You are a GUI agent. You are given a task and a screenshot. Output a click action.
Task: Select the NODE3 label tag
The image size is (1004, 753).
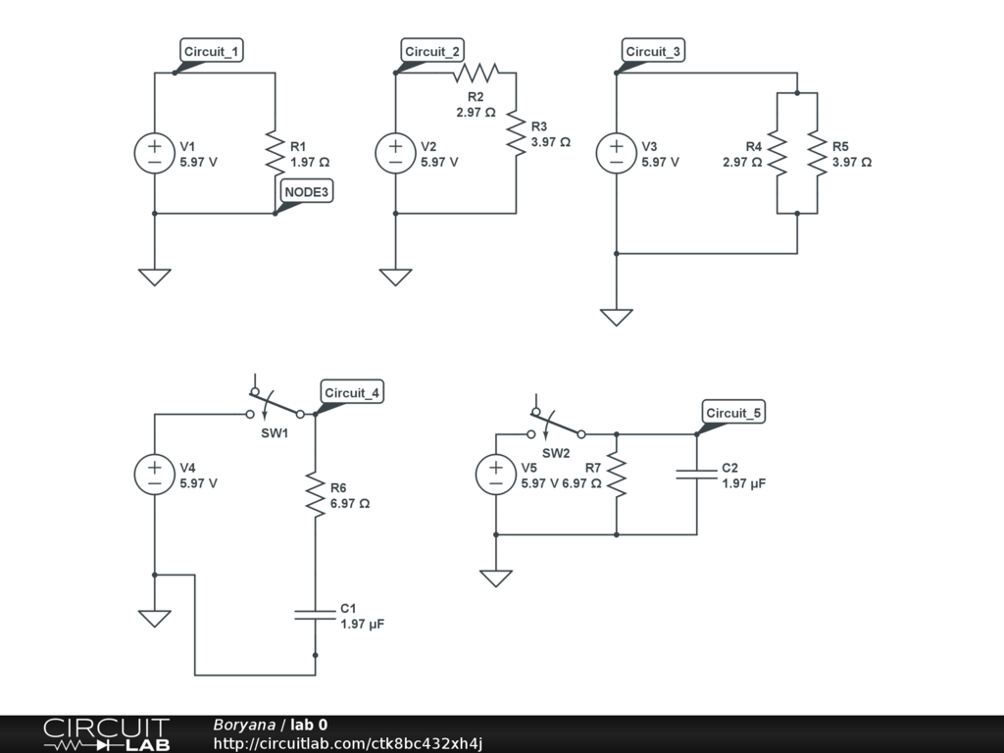pyautogui.click(x=307, y=192)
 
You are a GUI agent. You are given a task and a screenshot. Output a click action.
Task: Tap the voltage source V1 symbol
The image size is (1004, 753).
pyautogui.click(x=155, y=154)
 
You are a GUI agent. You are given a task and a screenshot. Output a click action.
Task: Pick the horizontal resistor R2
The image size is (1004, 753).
pyautogui.click(x=476, y=73)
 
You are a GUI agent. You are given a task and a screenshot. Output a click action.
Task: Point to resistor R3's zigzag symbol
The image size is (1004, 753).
pyautogui.click(x=516, y=133)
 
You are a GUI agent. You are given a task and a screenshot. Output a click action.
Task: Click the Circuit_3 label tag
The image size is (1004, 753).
pyautogui.click(x=653, y=52)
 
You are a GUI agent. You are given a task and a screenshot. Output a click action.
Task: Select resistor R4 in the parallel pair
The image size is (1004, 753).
pyautogui.click(x=777, y=154)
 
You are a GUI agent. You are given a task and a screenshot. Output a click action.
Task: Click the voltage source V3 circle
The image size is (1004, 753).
pyautogui.click(x=617, y=154)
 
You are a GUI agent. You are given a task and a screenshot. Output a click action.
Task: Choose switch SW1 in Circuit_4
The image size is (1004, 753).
pyautogui.click(x=275, y=407)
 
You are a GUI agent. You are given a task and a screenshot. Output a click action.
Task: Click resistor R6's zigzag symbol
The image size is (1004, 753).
pyautogui.click(x=315, y=495)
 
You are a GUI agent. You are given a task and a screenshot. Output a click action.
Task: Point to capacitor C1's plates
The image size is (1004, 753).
pyautogui.click(x=315, y=615)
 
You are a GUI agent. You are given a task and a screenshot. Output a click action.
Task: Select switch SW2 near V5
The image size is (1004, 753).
pyautogui.click(x=556, y=427)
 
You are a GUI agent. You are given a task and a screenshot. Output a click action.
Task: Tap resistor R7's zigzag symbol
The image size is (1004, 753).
pyautogui.click(x=617, y=475)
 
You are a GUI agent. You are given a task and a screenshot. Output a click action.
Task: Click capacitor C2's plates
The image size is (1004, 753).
pyautogui.click(x=697, y=475)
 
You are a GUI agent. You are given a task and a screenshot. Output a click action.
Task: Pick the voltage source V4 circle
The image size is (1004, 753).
pyautogui.click(x=155, y=475)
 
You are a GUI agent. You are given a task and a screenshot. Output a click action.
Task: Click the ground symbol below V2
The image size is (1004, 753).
pyautogui.click(x=395, y=277)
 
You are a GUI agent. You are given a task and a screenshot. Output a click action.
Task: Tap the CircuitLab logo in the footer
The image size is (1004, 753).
pyautogui.click(x=106, y=734)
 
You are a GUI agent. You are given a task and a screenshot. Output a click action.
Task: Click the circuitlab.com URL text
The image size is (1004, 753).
pyautogui.click(x=348, y=744)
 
